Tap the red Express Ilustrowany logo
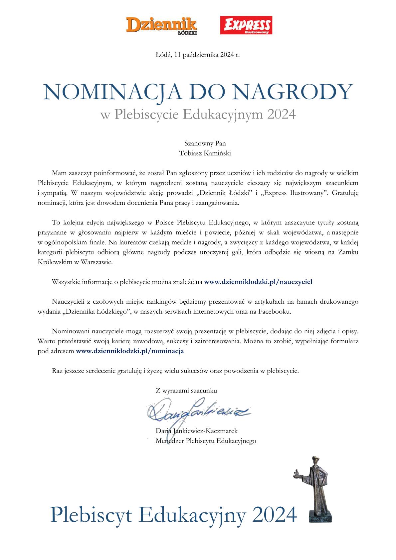pyautogui.click(x=246, y=25)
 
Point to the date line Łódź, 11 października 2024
pyautogui.click(x=198, y=55)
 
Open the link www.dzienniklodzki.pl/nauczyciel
pyautogui.click(x=258, y=282)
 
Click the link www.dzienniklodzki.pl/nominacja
pyautogui.click(x=130, y=351)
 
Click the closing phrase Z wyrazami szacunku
pyautogui.click(x=186, y=391)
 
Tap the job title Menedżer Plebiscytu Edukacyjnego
pyautogui.click(x=206, y=441)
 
